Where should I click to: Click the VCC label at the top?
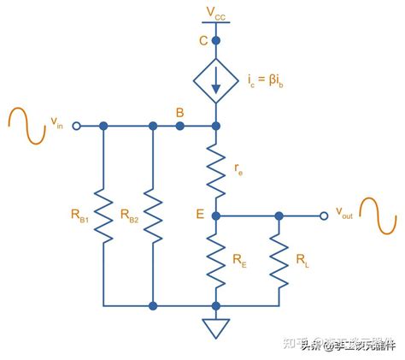coord(215,13)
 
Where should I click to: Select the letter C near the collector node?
coord(202,39)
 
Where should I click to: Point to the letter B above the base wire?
coord(179,112)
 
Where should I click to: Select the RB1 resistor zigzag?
coord(103,214)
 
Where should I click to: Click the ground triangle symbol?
coord(215,328)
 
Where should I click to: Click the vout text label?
coord(343,213)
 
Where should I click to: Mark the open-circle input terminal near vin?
coord(76,126)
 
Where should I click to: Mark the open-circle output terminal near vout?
coord(323,215)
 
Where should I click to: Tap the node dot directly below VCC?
coord(215,39)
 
